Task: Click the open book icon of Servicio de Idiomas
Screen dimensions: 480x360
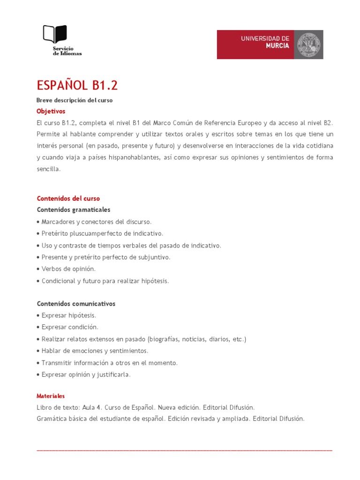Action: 55,34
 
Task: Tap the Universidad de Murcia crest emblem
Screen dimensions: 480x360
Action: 308,45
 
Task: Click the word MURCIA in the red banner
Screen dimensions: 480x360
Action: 277,46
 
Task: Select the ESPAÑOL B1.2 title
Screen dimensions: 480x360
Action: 77,85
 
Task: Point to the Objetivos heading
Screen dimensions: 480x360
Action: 51,111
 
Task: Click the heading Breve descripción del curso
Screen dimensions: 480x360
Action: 75,100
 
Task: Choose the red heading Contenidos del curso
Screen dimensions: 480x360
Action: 68,198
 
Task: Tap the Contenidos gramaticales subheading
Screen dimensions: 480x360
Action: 74,210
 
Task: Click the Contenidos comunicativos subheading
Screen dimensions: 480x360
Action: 76,304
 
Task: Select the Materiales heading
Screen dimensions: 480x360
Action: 51,396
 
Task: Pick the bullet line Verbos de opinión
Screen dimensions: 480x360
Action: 68,269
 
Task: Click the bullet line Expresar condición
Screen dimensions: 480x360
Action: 70,327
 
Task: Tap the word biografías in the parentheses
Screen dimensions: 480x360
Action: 164,339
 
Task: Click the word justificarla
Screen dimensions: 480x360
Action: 114,375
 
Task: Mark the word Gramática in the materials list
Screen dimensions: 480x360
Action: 51,419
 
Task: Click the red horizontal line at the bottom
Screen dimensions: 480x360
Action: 184,450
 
